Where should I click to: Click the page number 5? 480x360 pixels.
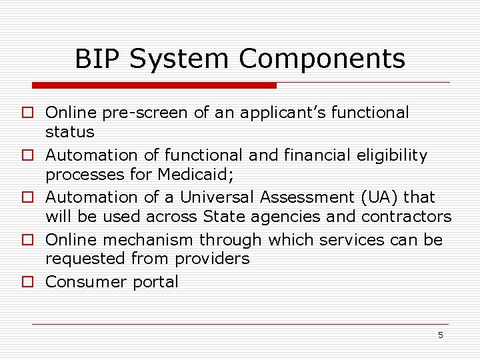click(440, 335)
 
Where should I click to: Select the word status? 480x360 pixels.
click(69, 132)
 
